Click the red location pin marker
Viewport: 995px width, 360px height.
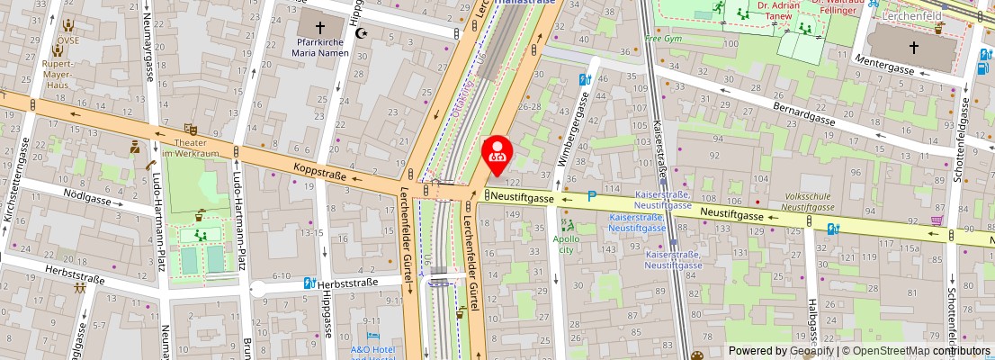(x=497, y=154)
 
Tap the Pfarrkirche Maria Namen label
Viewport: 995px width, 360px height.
(x=323, y=47)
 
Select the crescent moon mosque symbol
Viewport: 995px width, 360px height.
(x=363, y=33)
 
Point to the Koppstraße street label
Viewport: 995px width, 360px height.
(x=319, y=171)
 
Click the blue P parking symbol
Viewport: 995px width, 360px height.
(x=592, y=196)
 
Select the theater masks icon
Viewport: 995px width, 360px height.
(x=190, y=130)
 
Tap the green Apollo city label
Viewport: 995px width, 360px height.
(x=567, y=245)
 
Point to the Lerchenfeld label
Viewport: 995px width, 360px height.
(x=913, y=16)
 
